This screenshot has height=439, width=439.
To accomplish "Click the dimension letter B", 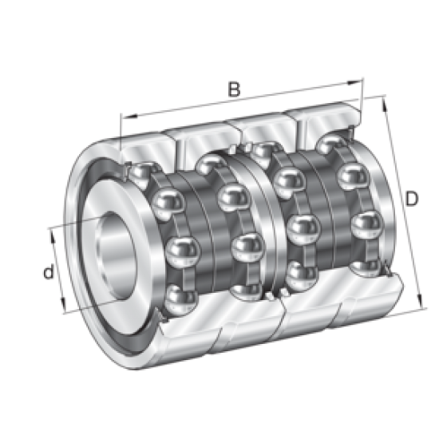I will point(234,89).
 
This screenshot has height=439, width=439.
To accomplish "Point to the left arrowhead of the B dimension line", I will point(123,117).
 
